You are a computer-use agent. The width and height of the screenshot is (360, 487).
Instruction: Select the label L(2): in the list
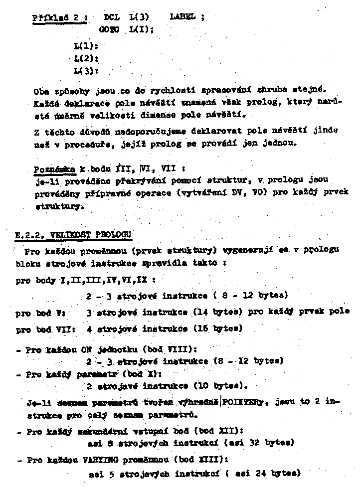point(85,58)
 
